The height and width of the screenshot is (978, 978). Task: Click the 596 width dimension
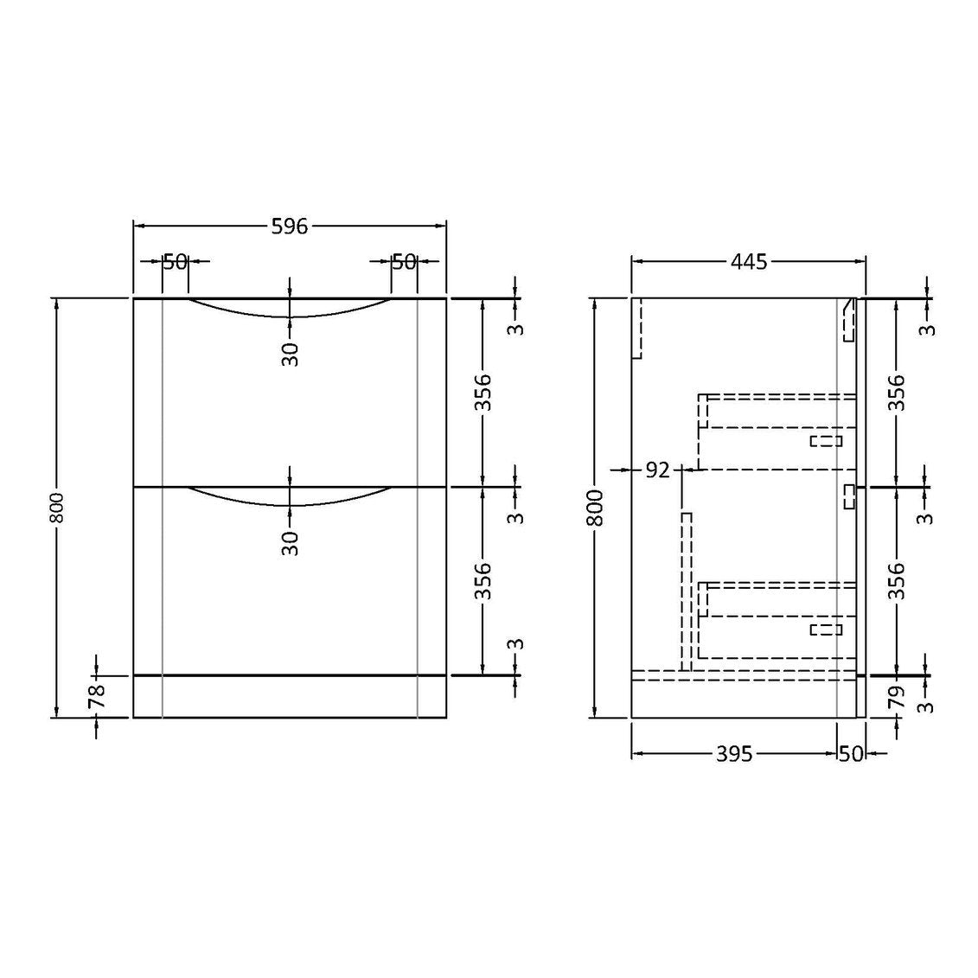pyautogui.click(x=290, y=226)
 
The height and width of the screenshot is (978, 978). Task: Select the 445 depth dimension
pyautogui.click(x=749, y=262)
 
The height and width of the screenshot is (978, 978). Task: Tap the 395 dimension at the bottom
pyautogui.click(x=734, y=754)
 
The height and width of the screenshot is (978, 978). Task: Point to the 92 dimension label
pyautogui.click(x=657, y=470)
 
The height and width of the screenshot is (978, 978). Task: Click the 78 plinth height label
pyautogui.click(x=97, y=695)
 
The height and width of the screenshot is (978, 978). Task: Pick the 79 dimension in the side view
pyautogui.click(x=896, y=697)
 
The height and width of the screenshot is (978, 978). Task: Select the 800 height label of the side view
pyautogui.click(x=596, y=508)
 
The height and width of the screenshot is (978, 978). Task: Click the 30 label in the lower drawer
pyautogui.click(x=291, y=543)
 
